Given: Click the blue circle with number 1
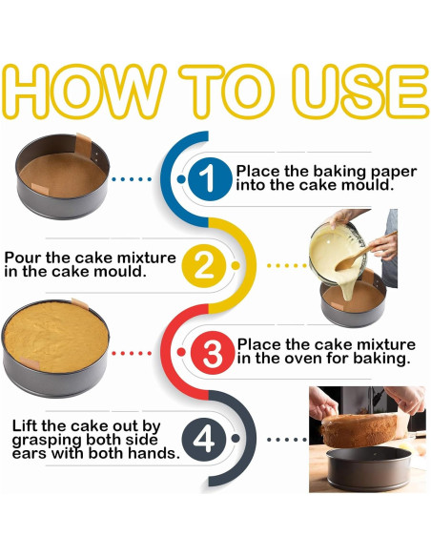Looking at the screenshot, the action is click(x=210, y=178).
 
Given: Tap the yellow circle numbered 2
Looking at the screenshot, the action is click(x=204, y=266).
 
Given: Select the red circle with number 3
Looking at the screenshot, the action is click(x=213, y=353).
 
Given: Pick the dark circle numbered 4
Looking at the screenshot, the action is click(x=204, y=439).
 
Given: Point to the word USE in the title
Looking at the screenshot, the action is click(x=360, y=91).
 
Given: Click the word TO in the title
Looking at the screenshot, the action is click(x=227, y=91).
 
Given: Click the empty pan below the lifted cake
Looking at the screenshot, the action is click(x=368, y=468).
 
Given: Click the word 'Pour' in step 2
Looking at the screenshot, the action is click(x=23, y=258).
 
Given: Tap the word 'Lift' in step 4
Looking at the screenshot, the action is click(x=25, y=425).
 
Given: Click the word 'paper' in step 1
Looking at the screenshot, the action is click(x=394, y=173).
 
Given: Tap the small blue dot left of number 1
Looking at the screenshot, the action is click(x=181, y=179).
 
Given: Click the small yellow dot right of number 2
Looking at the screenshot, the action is click(x=235, y=266).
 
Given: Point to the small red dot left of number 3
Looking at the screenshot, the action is click(x=181, y=352).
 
